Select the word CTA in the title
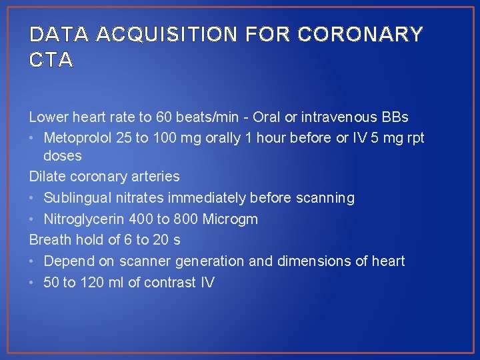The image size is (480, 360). [51, 61]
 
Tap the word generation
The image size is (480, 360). [209, 261]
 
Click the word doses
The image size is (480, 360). [63, 156]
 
